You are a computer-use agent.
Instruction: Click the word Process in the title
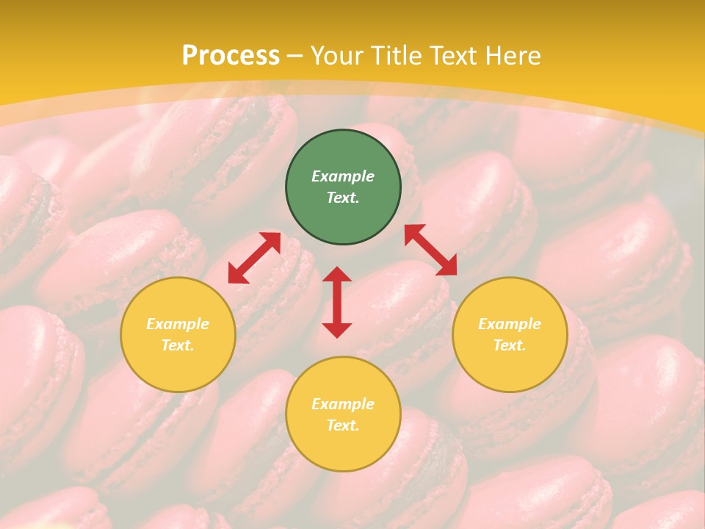231,56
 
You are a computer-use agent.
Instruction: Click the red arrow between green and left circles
254,258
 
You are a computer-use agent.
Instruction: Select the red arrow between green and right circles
430,250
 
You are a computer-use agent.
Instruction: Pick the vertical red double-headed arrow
337,302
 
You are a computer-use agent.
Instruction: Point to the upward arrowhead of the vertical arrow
337,274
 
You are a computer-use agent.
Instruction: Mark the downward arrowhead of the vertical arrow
337,330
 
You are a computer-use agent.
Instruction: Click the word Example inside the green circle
343,176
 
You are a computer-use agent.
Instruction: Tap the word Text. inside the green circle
343,198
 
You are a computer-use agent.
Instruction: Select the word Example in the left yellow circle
178,324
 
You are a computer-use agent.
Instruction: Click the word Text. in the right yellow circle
510,345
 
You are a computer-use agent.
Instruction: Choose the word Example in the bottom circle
343,404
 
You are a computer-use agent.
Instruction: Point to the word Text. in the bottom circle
343,425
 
